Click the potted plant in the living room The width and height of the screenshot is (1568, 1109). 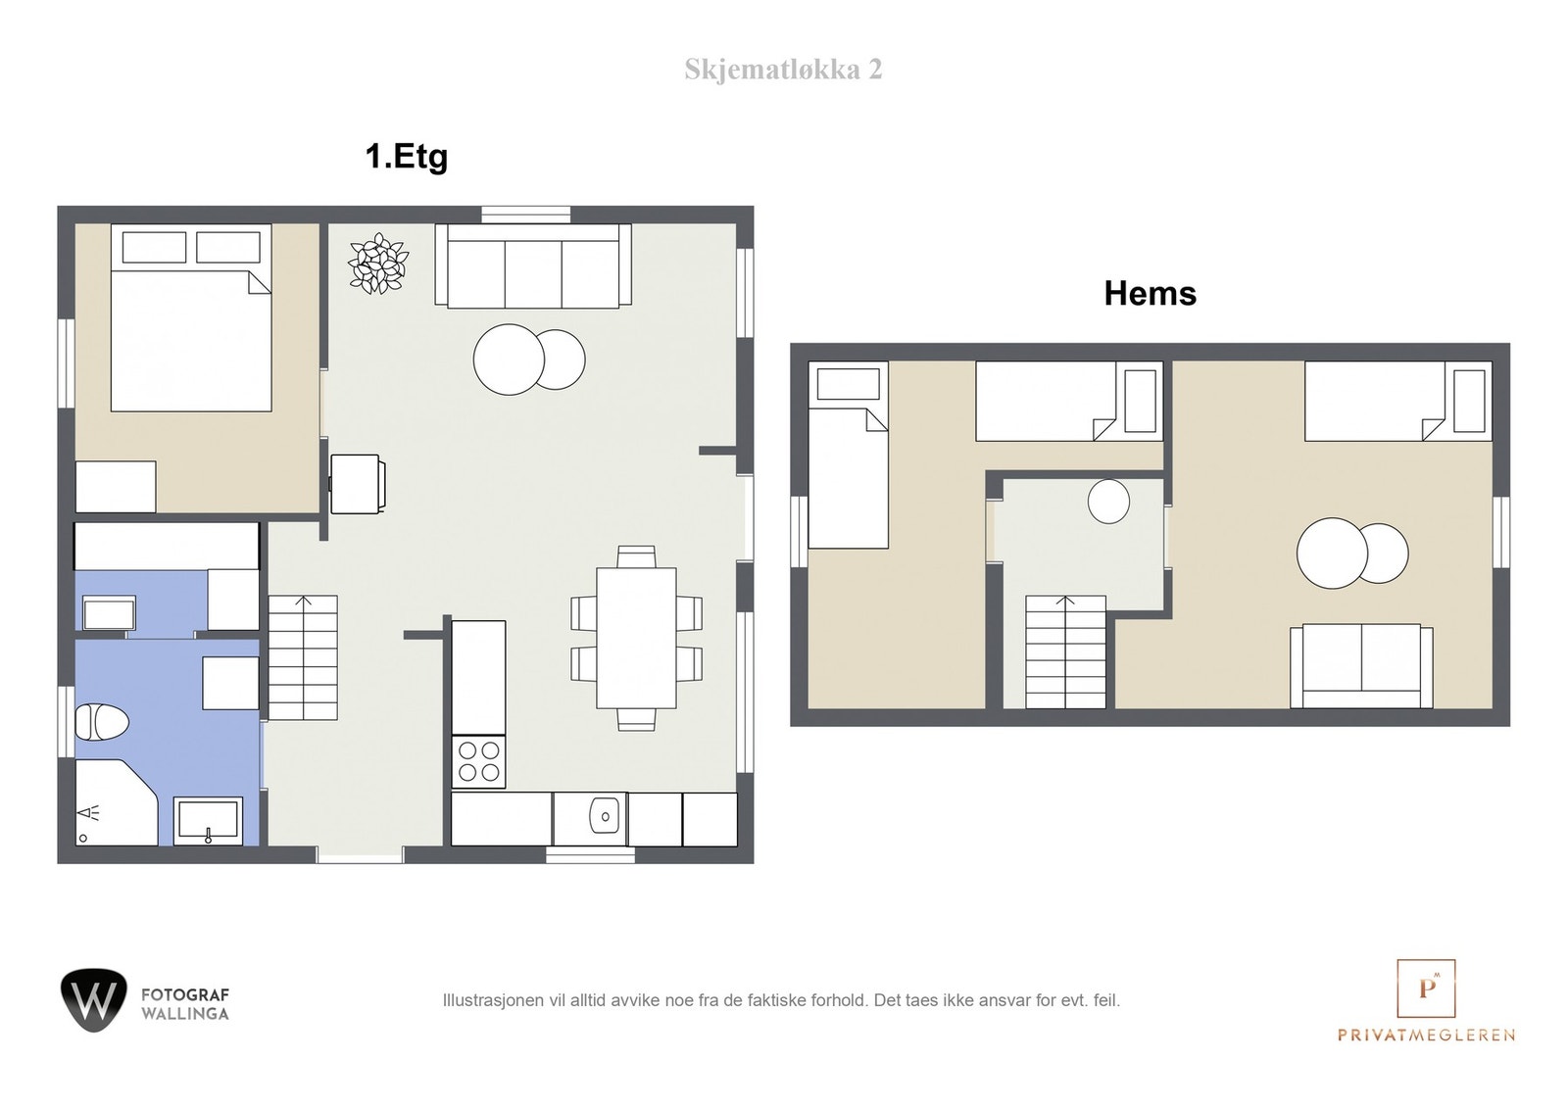point(378,264)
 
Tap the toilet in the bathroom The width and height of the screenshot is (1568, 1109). point(102,722)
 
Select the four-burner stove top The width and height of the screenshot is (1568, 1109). point(479,761)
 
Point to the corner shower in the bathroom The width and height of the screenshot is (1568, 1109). point(116,802)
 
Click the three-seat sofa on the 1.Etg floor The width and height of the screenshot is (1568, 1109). point(533,265)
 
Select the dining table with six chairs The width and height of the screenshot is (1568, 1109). point(636,638)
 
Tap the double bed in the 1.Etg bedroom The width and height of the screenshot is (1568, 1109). point(191,317)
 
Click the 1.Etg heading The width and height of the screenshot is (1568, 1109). point(406,156)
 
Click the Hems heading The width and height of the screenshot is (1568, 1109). point(1151,293)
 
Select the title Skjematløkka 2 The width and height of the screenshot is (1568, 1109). point(783,70)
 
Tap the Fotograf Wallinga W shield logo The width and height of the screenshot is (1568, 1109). point(94,1000)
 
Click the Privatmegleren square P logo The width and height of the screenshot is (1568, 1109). point(1426,988)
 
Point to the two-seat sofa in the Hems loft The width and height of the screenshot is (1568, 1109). point(1361,666)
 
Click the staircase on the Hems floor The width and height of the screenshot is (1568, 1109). point(1065,652)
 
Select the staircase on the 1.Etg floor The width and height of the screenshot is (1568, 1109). point(303,657)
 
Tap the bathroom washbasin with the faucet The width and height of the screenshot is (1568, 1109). point(208,821)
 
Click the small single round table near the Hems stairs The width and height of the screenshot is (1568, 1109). point(1108,501)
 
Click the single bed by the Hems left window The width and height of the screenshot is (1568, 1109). point(849,455)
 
